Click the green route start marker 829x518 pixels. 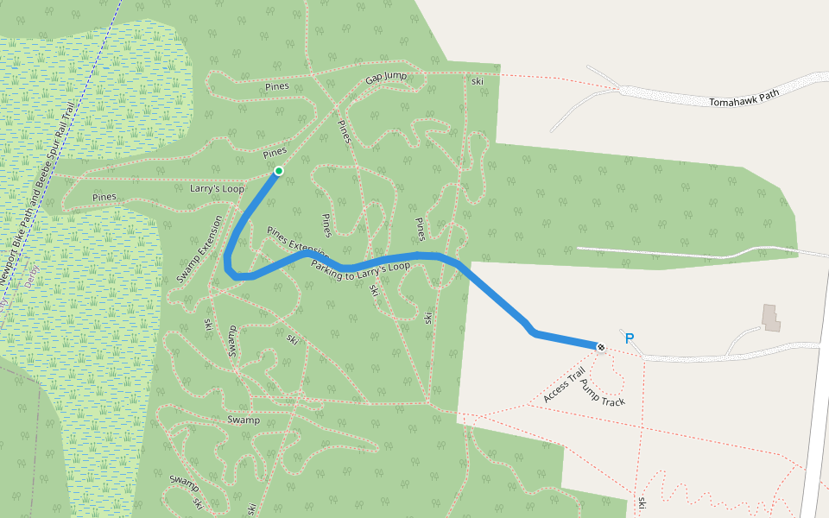coord(278,171)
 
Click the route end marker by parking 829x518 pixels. coord(600,347)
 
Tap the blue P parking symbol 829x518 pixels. coord(629,339)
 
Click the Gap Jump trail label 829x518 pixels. coord(385,78)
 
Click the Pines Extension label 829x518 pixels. coord(298,244)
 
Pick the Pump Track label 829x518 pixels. coord(602,393)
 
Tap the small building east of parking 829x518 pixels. coord(770,317)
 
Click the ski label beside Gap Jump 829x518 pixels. coord(477,81)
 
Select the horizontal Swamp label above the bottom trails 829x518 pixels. coord(243,420)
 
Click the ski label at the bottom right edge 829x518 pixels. coord(642,502)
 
